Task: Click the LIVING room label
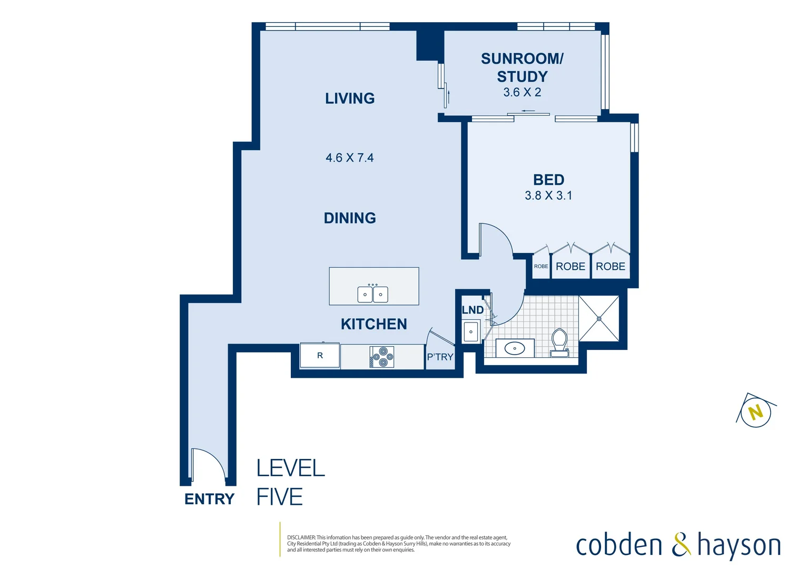(350, 99)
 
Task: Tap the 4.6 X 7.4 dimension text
(350, 158)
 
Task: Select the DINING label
(350, 218)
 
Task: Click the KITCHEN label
(373, 324)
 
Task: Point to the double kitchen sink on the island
(373, 294)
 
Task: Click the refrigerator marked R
(320, 356)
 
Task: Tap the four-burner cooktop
(382, 357)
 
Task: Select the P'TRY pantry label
(440, 357)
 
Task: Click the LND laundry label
(473, 310)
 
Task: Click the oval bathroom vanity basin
(515, 348)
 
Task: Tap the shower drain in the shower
(599, 319)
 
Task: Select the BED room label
(548, 180)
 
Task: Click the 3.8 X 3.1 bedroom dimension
(548, 195)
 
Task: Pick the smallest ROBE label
(541, 267)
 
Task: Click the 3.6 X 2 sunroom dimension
(522, 92)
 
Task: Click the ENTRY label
(209, 499)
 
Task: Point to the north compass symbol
(756, 411)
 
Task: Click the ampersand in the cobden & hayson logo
(681, 545)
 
